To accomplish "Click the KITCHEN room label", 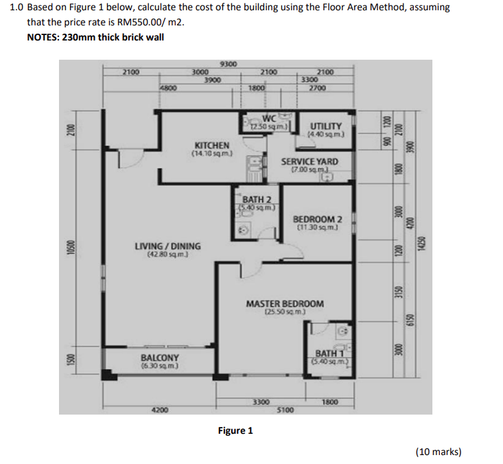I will (x=212, y=146).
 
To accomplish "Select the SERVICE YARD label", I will (x=309, y=162).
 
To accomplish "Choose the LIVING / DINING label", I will (x=167, y=246).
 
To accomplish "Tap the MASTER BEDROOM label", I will (x=285, y=304).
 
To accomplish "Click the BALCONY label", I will (x=159, y=358).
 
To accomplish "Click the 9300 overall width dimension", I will (x=229, y=65).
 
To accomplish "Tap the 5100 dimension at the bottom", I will (x=285, y=410).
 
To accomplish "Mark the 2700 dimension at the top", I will (x=317, y=88).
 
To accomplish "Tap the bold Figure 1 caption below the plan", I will (x=235, y=431).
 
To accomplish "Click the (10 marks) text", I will (x=438, y=452).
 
